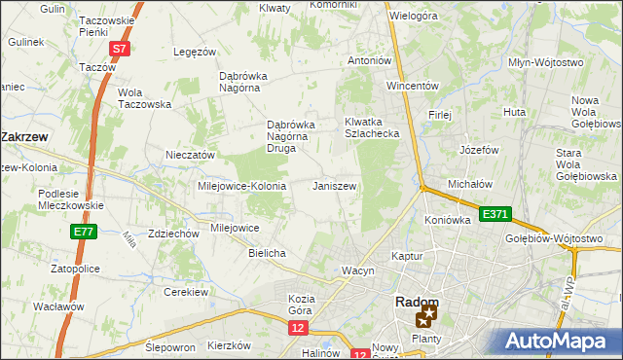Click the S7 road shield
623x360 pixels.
point(118,49)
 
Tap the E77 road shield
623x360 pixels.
point(83,232)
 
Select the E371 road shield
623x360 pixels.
point(493,213)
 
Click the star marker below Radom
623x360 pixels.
point(425,318)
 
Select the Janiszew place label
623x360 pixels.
point(334,186)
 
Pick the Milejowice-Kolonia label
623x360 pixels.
point(241,186)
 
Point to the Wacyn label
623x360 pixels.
point(357,270)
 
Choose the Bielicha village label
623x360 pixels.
point(267,253)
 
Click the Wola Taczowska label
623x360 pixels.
point(144,98)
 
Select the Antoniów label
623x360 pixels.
point(370,60)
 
